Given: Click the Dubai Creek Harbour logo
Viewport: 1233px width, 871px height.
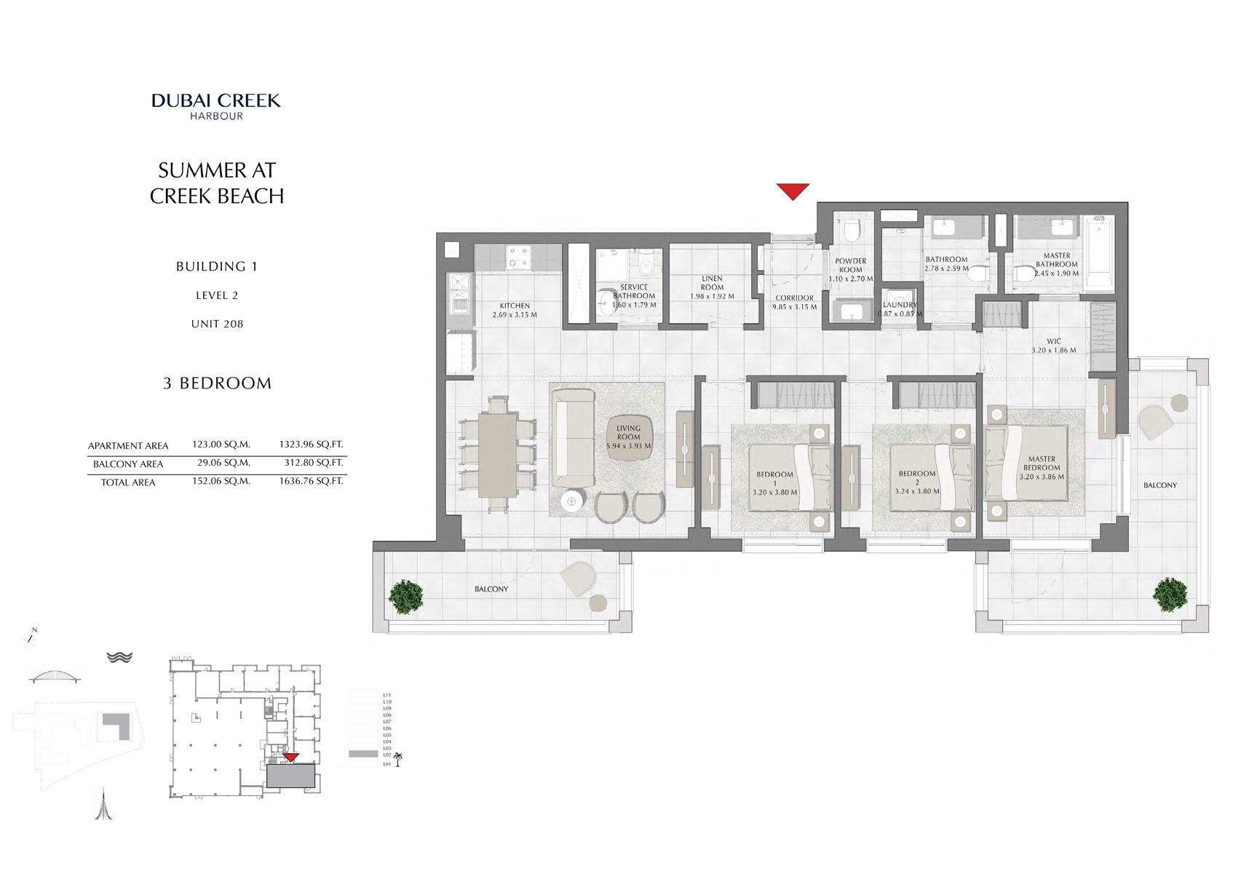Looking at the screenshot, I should coord(216,106).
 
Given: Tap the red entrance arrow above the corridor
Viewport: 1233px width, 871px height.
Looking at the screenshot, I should coord(793,191).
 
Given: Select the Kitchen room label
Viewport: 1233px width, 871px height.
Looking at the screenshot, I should coord(515,306).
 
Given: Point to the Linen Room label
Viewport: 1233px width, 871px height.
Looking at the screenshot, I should coord(712,282).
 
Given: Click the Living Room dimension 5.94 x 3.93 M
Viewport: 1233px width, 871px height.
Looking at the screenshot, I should coord(629,446).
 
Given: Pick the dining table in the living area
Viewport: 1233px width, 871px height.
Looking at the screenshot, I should coord(498,456).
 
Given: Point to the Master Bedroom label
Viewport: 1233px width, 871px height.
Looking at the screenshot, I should coord(1042,464).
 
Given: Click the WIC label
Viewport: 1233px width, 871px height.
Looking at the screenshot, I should coord(1053,341).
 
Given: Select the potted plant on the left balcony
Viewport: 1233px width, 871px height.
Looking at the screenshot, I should coord(405,596).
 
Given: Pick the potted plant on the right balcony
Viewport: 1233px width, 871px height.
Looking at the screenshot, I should coord(1170,594).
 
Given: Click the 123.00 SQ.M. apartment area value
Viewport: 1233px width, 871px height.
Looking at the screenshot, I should coord(221,444).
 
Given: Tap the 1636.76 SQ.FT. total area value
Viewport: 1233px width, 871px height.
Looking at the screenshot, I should coord(311,481).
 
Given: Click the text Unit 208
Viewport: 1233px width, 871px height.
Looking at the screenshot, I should coord(217,324).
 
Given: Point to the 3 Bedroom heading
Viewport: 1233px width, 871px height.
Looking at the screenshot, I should coord(217,383).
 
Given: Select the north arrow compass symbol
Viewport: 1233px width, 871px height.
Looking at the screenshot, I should coord(31,637).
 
